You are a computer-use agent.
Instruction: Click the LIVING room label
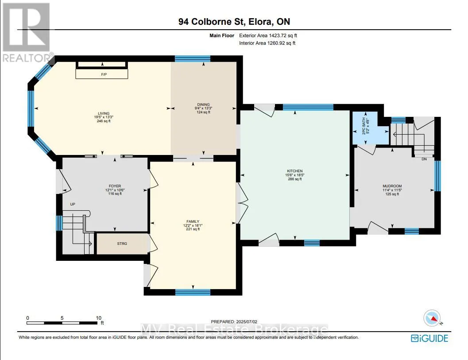[x=104, y=113]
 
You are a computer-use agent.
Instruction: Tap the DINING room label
[x=203, y=105]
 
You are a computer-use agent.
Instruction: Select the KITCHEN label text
[x=295, y=171]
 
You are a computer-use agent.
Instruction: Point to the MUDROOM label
[x=392, y=186]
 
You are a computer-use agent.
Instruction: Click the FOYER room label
[x=115, y=186]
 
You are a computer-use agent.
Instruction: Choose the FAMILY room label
[x=193, y=221]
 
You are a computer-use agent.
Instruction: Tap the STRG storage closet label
[x=122, y=244]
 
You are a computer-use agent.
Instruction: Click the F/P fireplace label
[x=104, y=74]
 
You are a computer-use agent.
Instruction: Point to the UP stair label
[x=73, y=204]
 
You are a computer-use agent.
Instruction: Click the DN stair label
[x=424, y=159]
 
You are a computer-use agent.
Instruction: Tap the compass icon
[x=432, y=318]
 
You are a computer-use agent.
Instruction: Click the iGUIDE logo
[x=429, y=338]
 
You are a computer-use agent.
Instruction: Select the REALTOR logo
[x=27, y=32]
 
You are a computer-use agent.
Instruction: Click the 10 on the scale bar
[x=98, y=318]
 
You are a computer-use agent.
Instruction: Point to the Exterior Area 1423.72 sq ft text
[x=268, y=35]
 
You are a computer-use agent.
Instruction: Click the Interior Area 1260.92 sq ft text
[x=267, y=43]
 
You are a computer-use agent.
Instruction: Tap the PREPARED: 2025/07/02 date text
[x=234, y=321]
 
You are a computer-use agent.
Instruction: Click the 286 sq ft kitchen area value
[x=295, y=179]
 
